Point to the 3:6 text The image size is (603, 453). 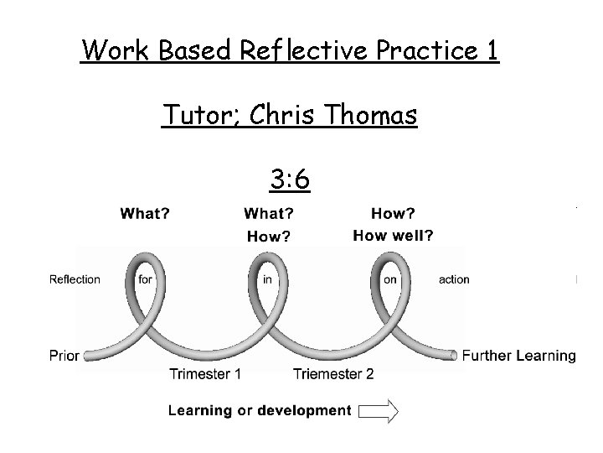pos(291,178)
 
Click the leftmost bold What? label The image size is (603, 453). pos(145,214)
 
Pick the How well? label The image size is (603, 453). pos(393,236)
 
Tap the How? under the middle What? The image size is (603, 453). pos(269,237)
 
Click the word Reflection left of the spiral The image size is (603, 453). pos(75,279)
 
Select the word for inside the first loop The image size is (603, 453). pos(146,280)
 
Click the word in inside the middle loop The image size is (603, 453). pos(267,280)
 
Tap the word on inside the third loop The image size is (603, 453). pos(390,280)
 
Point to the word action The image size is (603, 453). pos(454,279)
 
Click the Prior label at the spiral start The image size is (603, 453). pos(64,356)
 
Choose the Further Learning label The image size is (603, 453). pos(519,356)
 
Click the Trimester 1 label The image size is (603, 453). pos(204,374)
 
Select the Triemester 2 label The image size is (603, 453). pos(333,374)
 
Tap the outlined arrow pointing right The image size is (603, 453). pos(379,410)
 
